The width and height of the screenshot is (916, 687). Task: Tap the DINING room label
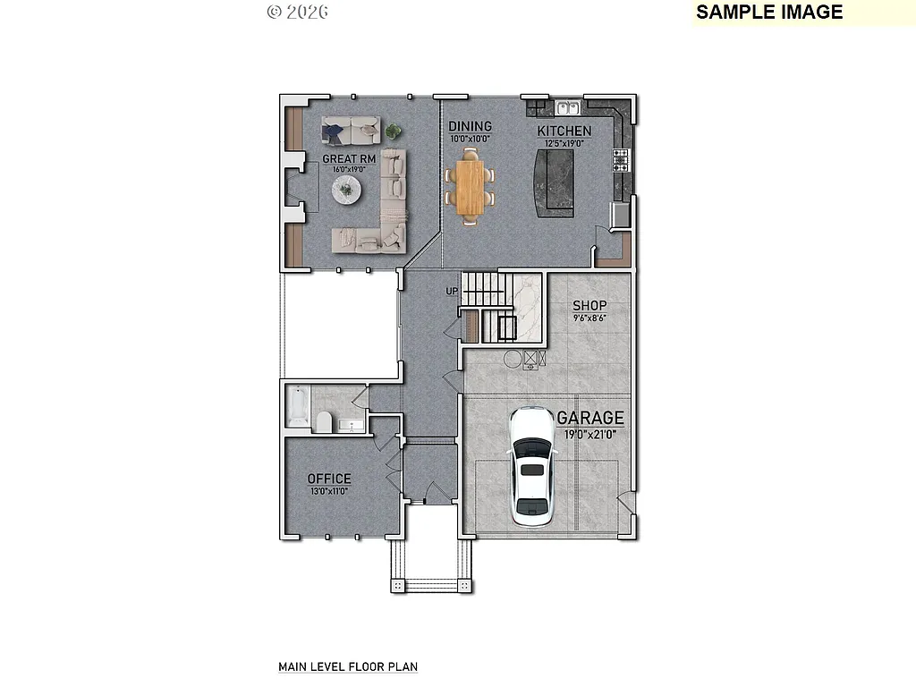coord(470,127)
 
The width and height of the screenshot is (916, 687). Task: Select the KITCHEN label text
coord(564,131)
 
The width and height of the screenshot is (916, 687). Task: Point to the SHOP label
coord(589,306)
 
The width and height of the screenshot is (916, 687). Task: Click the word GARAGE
coord(590,418)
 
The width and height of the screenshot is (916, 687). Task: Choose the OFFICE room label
coord(329,479)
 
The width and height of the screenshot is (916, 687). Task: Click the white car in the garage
coord(532,466)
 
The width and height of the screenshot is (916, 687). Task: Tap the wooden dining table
coord(470,186)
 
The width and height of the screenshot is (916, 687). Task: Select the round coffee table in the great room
coord(346,190)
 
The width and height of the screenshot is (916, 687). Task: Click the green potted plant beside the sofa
coord(393,132)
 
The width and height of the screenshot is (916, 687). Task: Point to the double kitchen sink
coord(566,108)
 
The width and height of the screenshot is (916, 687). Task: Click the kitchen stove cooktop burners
coord(620,160)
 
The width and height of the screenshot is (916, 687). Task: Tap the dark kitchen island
coord(555,182)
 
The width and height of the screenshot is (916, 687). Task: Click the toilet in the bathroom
coord(324,421)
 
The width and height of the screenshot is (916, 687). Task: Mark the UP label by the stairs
coord(452,292)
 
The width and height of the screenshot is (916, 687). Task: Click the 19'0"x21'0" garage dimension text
coord(590,434)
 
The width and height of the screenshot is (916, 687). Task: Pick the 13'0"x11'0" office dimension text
coord(329,491)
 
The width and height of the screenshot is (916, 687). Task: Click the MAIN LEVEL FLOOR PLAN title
coord(348,666)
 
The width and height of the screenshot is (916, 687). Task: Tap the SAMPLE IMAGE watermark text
coord(769,12)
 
